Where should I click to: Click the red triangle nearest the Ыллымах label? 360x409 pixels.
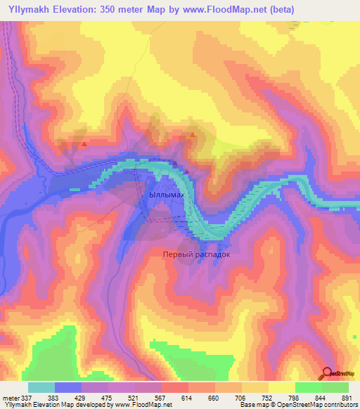pos(188,170)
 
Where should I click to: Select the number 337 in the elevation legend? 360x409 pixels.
pos(26,398)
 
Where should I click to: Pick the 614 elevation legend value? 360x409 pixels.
pos(187,398)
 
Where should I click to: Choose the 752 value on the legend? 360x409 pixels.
pos(267,398)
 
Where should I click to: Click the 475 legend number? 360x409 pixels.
pos(108,398)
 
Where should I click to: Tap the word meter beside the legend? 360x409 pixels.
pos(9,398)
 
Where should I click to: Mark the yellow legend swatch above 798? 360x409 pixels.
pos(282,387)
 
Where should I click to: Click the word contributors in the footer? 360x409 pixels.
pos(338,405)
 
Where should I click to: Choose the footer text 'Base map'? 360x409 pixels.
pos(251,405)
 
